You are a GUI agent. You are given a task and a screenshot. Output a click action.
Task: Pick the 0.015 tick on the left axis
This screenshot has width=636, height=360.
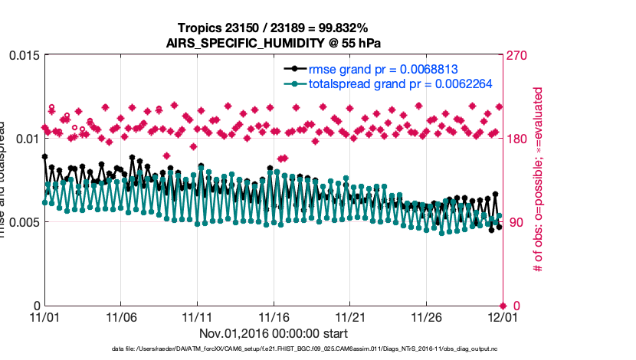pos(22,56)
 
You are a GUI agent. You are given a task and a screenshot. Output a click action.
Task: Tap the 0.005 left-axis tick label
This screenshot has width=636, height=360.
pos(22,222)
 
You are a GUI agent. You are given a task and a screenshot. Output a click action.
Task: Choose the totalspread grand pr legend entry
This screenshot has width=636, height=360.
pos(400,84)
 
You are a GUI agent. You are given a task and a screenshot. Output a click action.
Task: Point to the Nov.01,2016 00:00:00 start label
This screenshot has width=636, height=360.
pos(274,333)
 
